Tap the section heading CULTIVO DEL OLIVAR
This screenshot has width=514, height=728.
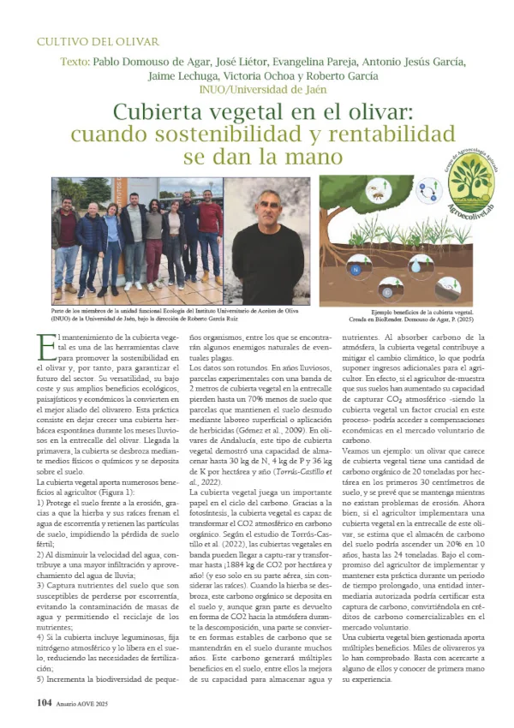click(96, 41)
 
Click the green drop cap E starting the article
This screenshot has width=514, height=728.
click(42, 346)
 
